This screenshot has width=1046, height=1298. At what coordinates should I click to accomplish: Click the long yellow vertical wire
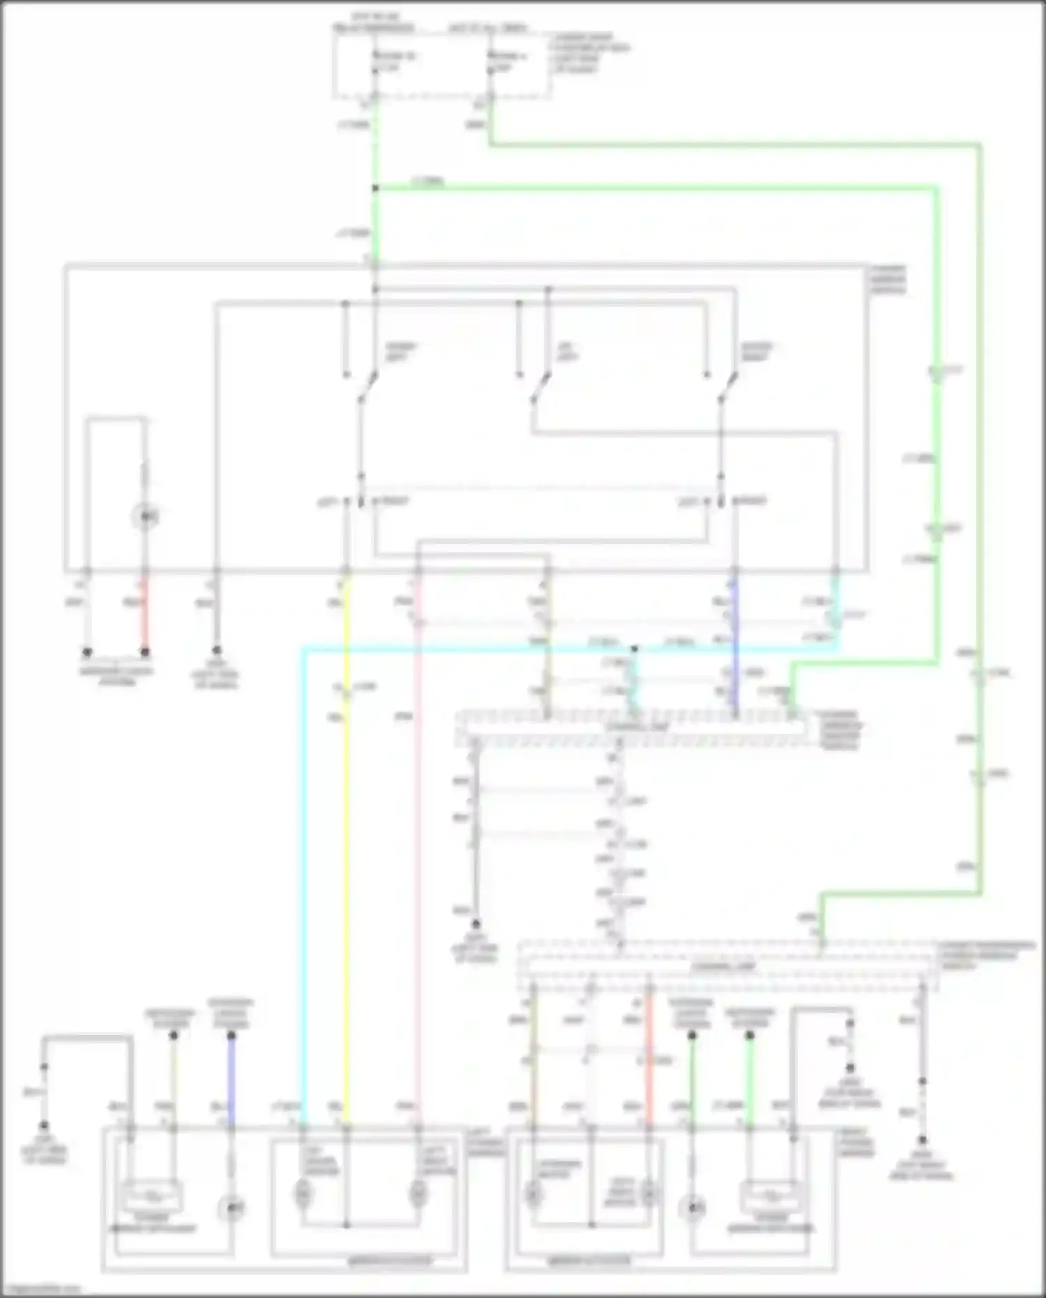click(347, 837)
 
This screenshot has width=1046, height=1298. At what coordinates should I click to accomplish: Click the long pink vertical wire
click(418, 837)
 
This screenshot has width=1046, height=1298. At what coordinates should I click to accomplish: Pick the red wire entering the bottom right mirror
click(649, 1060)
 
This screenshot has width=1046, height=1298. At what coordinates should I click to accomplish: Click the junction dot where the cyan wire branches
click(634, 649)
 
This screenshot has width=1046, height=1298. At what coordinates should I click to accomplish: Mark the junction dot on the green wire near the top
click(375, 188)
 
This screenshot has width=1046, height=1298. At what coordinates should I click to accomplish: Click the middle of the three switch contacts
click(540, 387)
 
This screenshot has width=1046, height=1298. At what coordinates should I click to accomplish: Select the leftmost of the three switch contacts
click(368, 387)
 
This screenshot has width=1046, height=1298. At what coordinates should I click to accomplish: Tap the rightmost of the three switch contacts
click(728, 387)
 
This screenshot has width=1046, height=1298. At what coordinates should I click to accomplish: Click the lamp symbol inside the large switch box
click(145, 517)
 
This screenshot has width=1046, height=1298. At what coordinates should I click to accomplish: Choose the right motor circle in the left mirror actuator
click(418, 1193)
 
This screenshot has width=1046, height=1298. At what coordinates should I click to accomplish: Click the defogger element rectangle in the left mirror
click(152, 1195)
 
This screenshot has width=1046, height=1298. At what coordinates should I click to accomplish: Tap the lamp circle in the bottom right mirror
click(692, 1207)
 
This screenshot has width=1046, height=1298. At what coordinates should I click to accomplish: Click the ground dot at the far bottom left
click(43, 1126)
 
